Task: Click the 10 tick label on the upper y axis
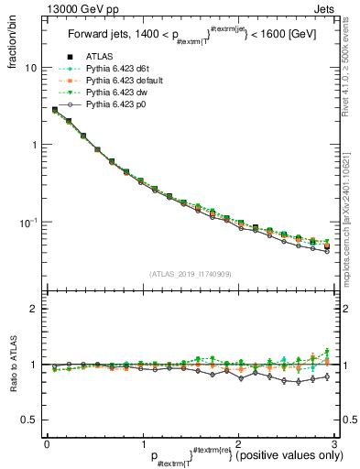tap(30, 68)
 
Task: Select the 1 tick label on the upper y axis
tap(33, 145)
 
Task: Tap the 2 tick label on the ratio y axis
tap(33, 309)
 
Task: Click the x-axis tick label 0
tap(46, 443)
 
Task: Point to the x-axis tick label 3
tap(334, 443)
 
